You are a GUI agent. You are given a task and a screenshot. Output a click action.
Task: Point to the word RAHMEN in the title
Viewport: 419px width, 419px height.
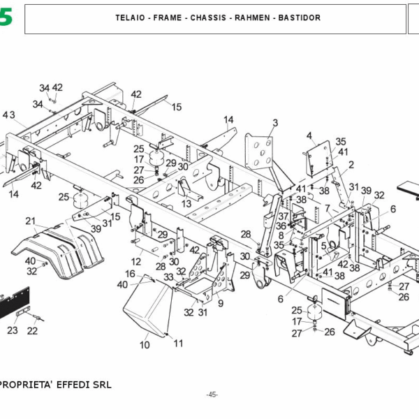[x=253, y=17]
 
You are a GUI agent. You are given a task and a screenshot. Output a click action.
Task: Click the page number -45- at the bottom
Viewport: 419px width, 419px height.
[x=212, y=395]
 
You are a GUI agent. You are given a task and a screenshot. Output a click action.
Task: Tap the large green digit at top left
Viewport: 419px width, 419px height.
[x=6, y=17]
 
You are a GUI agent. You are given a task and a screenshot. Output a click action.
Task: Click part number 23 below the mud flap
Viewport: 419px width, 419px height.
[x=13, y=330]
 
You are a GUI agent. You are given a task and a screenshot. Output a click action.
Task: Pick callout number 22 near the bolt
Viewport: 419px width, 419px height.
[x=32, y=330]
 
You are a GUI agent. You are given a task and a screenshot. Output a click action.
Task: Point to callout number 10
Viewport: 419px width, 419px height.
[x=145, y=345]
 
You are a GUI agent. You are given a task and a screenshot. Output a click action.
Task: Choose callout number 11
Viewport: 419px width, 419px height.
[x=178, y=343]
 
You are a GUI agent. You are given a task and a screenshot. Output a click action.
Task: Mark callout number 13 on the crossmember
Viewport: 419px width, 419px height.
[x=186, y=203]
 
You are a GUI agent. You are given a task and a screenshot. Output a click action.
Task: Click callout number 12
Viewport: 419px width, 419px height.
[x=137, y=261]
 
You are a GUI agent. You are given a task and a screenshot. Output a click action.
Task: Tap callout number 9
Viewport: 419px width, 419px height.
[x=220, y=304]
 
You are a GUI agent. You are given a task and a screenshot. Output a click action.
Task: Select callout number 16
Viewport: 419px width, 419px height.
[x=130, y=274]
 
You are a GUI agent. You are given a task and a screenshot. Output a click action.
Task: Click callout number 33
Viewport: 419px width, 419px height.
[x=168, y=277]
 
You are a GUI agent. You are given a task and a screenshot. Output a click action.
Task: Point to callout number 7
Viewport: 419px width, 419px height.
[x=327, y=207]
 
